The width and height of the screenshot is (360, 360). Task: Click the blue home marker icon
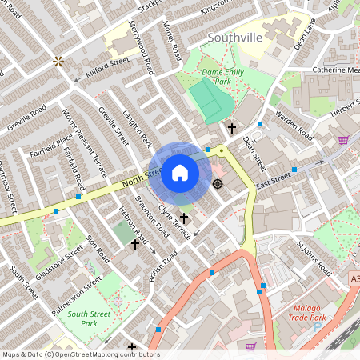180,172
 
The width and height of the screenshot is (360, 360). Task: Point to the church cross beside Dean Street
232,128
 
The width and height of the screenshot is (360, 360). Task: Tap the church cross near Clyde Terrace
184,218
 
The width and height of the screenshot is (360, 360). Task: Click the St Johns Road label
314,258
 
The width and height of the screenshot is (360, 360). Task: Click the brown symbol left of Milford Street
58,61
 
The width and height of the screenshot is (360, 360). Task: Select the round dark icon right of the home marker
218,184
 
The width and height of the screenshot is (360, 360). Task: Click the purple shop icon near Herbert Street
343,140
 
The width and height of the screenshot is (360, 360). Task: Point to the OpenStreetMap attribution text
80,354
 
